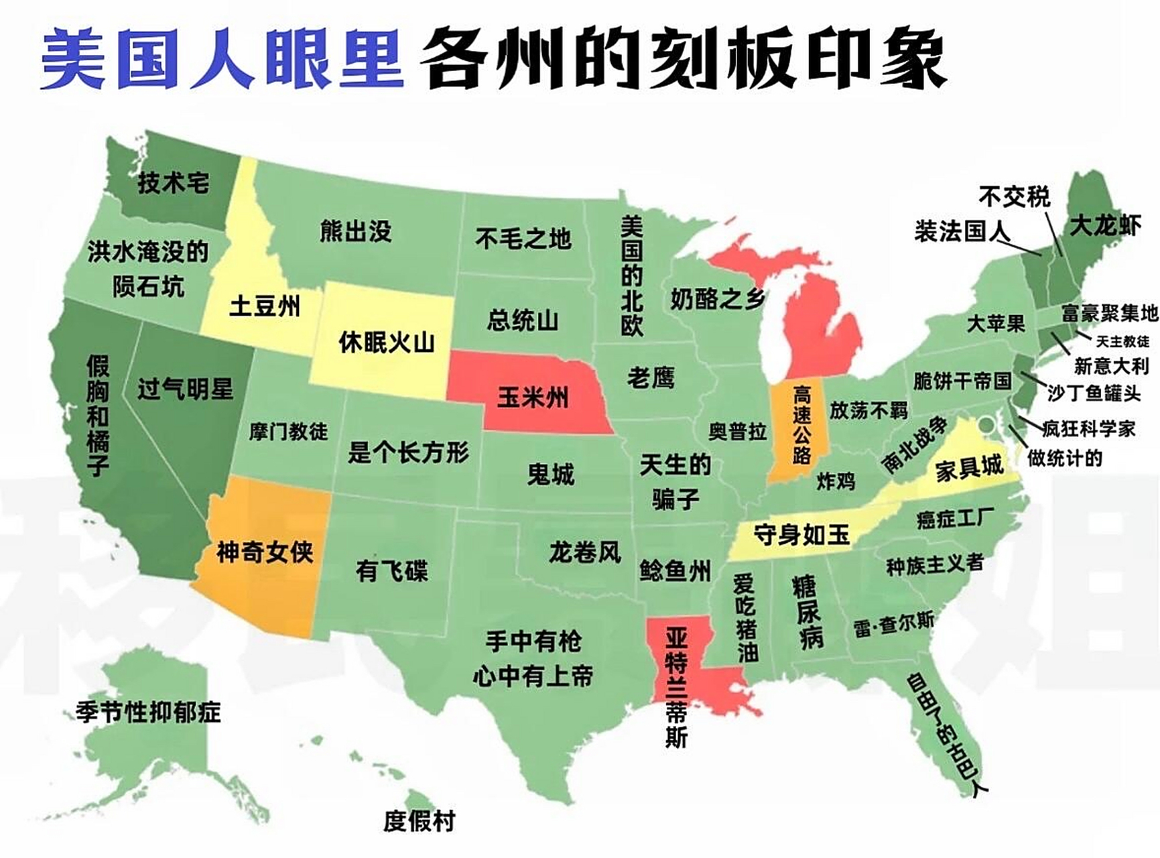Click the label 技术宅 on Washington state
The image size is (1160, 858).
(174, 182)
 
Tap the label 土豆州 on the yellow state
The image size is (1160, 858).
(265, 306)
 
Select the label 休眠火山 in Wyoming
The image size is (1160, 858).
(387, 343)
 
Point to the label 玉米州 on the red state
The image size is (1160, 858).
(533, 397)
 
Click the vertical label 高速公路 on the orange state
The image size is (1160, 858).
(801, 424)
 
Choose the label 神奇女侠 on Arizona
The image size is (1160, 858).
(265, 552)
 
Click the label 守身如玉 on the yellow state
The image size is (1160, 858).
(801, 535)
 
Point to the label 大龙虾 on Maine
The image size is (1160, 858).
(1105, 225)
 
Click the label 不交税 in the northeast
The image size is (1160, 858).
(1014, 196)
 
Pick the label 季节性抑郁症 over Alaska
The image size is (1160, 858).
(148, 711)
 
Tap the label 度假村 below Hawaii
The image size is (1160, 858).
(420, 820)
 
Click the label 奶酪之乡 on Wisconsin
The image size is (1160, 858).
(717, 298)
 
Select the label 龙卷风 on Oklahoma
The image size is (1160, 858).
(585, 552)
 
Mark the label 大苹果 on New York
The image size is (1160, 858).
(996, 324)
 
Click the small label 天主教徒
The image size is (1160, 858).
(1122, 341)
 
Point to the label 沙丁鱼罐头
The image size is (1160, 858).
(1094, 393)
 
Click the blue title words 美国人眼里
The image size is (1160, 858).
(221, 59)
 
